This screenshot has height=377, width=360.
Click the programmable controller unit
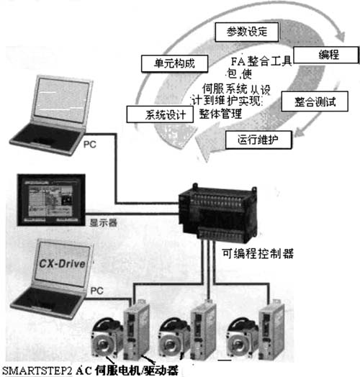tap(217, 212)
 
